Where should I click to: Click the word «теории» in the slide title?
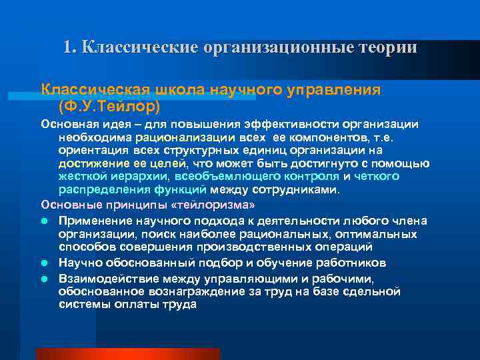[x=387, y=48]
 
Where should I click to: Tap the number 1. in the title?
[x=70, y=48]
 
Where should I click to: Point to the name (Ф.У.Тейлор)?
[x=109, y=105]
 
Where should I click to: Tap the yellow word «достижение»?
[x=90, y=163]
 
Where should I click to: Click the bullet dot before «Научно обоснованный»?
[x=45, y=263]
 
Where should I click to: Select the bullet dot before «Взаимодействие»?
[x=45, y=277]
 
